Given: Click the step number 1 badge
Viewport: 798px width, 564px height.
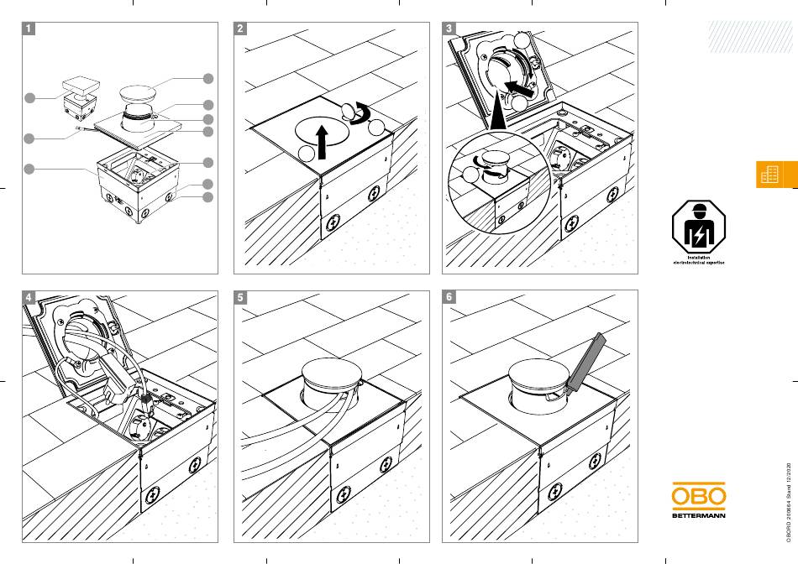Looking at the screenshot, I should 29,28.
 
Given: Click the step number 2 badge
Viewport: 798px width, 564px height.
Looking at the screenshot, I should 241,28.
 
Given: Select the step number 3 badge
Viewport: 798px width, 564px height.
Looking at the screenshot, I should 450,28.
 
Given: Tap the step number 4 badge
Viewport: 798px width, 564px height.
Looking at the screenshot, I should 29,297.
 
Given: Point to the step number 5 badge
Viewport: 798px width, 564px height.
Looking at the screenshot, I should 241,297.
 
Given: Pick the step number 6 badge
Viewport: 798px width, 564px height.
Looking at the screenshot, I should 450,297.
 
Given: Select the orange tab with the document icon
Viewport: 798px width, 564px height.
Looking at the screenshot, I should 769,175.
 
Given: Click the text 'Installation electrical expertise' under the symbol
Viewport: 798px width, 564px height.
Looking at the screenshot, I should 698,260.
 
